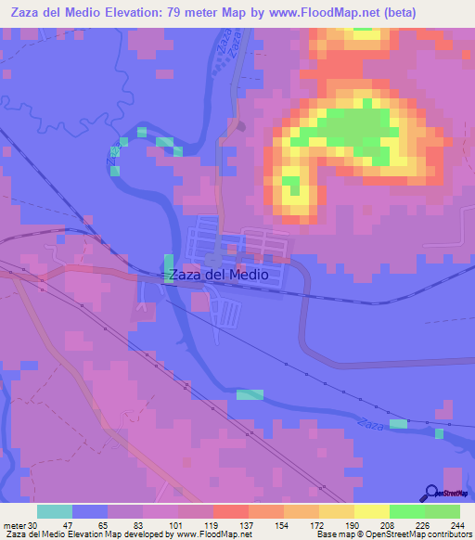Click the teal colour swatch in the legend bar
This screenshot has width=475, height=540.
click(55, 511)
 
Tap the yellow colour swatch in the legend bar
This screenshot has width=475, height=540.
click(372, 511)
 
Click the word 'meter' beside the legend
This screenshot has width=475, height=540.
click(13, 525)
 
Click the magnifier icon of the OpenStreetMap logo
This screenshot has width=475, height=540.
click(430, 494)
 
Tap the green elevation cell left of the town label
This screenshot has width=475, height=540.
click(168, 267)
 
